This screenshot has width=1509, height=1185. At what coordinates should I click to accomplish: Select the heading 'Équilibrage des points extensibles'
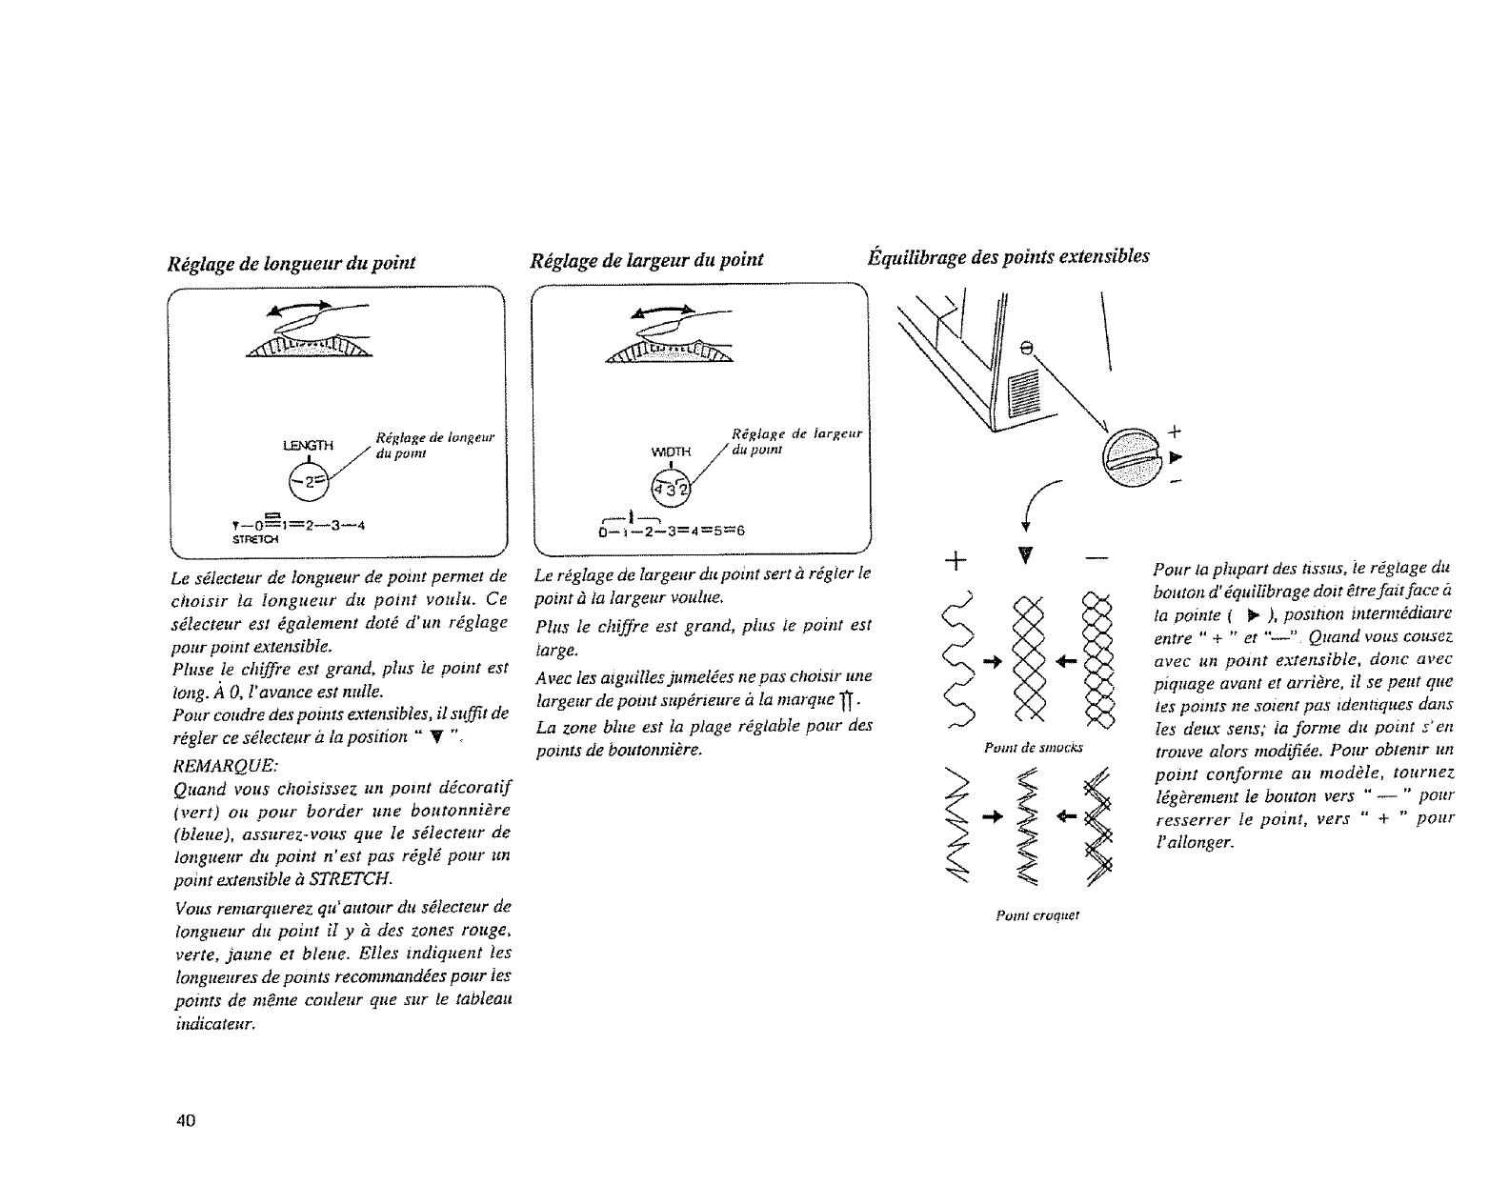tap(1008, 256)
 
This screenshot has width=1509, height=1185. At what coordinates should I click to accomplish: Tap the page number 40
tap(186, 1119)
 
